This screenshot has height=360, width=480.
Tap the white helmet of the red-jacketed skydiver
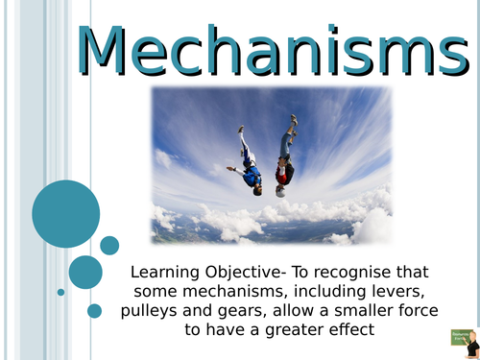pos(280,190)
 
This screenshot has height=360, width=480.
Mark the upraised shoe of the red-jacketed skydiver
pos(294,120)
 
